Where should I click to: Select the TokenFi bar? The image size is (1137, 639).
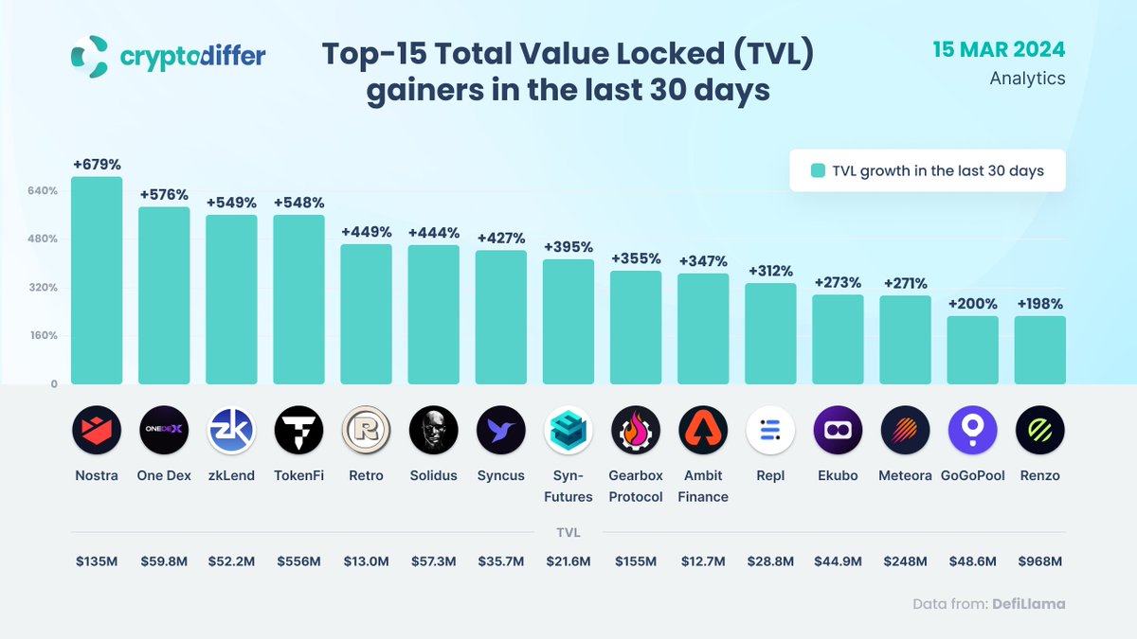298,299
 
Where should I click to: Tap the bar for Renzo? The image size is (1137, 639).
1039,349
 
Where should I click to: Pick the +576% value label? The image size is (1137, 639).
164,194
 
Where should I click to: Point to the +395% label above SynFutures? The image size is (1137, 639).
568,246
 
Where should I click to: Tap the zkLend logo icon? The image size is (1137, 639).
231,431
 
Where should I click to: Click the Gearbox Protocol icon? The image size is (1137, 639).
636,431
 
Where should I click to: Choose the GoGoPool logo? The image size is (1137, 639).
972,431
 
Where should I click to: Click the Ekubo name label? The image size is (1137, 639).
838,475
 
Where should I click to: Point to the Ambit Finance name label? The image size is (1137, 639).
703,486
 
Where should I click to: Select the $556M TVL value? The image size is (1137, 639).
298,561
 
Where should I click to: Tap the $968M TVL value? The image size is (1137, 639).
1039,561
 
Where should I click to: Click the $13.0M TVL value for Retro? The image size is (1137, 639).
366,561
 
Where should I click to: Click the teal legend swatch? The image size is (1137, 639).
818,171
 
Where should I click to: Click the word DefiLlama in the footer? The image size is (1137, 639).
1028,603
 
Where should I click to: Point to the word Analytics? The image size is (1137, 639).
1027,79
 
